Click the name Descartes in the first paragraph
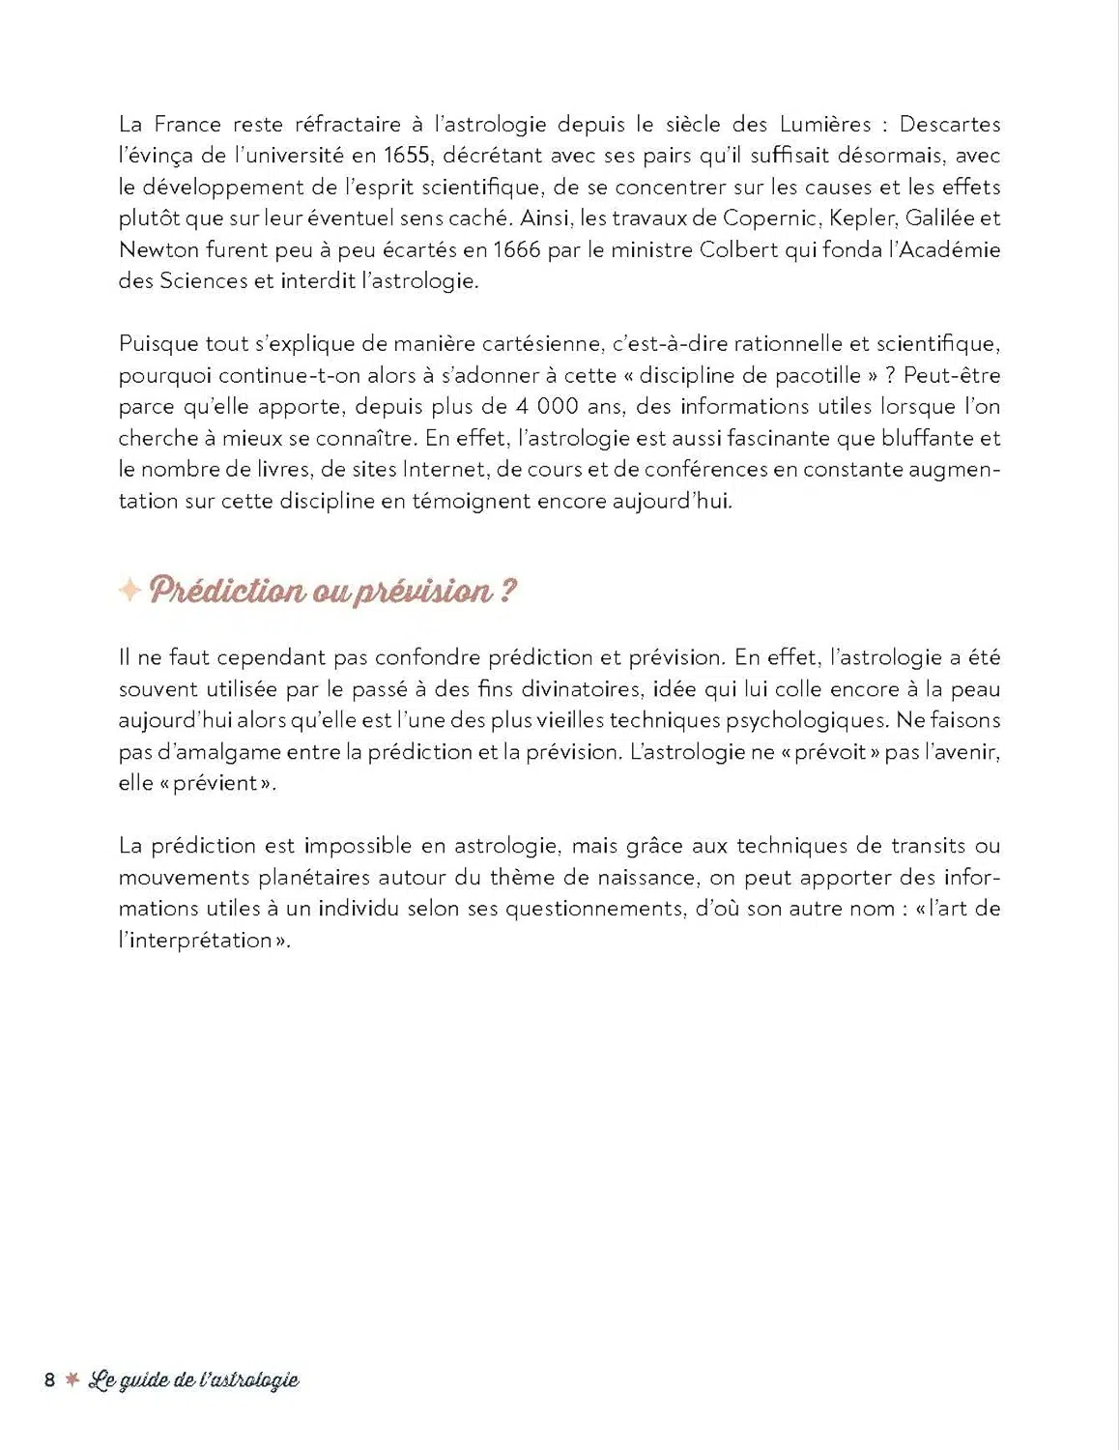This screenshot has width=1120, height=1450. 949,125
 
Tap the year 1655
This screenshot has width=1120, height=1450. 406,156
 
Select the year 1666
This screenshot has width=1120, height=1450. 517,250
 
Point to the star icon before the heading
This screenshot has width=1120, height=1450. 129,590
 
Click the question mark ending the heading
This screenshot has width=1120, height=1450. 508,591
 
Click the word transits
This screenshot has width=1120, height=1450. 928,847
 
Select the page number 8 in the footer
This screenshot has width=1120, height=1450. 50,1379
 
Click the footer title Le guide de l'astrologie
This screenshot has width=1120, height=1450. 193,1379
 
